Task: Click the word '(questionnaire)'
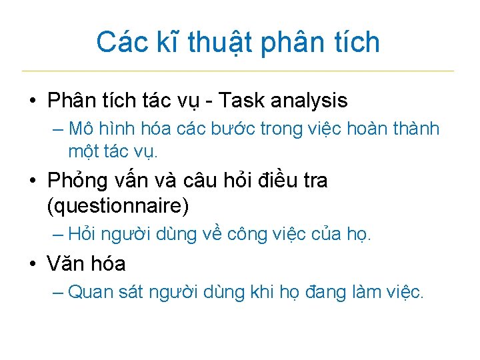[118, 206]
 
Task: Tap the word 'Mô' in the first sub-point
[81, 128]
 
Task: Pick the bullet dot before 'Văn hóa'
[32, 265]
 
